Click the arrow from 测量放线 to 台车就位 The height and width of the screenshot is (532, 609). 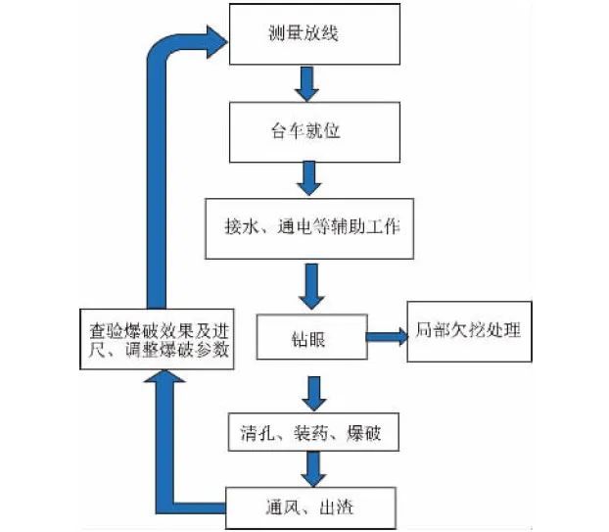307,83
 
